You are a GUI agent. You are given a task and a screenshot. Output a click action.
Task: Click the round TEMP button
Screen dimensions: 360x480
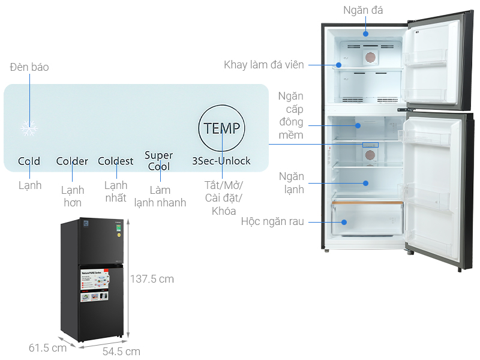(x=221, y=128)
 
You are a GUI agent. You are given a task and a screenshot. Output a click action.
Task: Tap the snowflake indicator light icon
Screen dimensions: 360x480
(x=28, y=127)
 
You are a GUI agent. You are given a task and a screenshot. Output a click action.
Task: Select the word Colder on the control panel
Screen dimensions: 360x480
(x=72, y=161)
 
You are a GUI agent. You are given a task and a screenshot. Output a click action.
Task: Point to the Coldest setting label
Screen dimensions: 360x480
(x=116, y=161)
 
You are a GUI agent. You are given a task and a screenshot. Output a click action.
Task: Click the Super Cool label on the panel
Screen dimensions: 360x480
(x=159, y=161)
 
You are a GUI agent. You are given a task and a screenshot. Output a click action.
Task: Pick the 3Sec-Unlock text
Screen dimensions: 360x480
(x=221, y=161)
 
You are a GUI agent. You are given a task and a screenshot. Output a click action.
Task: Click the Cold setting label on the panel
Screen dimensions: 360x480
(x=29, y=161)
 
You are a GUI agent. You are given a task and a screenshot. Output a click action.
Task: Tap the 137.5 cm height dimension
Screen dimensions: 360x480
(x=152, y=279)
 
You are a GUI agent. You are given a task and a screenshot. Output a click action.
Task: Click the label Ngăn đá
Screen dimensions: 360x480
(x=363, y=10)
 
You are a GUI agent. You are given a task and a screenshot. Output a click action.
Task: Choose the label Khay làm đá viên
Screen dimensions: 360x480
(x=264, y=65)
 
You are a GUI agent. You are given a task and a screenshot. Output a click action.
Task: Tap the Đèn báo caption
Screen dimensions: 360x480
(x=29, y=67)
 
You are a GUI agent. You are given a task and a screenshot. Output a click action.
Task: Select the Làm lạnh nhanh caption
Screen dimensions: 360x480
(x=160, y=196)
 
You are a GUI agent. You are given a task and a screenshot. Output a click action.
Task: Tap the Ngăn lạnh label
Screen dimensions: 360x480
(x=291, y=183)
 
